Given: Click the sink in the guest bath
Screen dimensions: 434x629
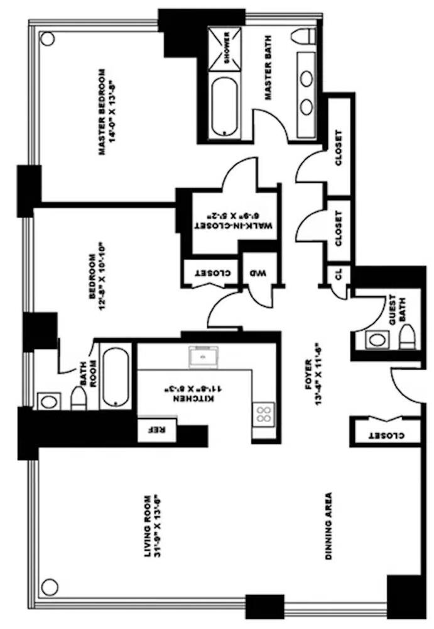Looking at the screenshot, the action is point(377,340).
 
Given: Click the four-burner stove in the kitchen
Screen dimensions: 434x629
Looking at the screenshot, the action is point(264,415).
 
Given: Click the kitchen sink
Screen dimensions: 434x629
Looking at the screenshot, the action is point(203,357).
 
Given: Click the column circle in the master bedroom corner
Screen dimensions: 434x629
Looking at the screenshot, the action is point(46,37).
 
